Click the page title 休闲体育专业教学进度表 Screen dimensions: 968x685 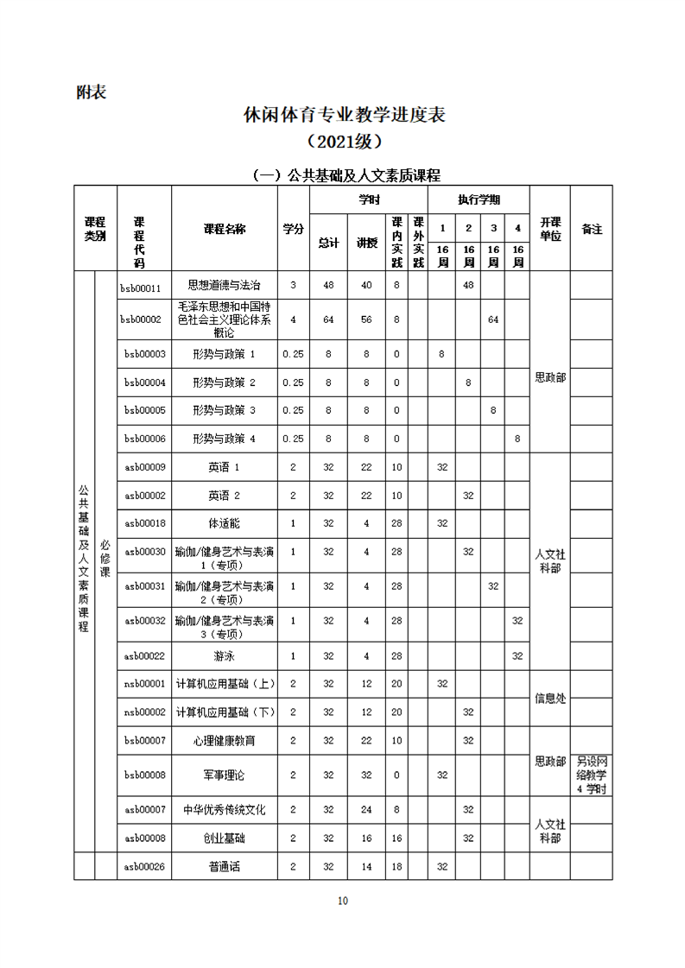click(344, 115)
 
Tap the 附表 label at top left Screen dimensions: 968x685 click(91, 92)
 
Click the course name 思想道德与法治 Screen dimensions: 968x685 click(224, 284)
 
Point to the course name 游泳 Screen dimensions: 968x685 click(224, 656)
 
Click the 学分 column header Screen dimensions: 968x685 click(293, 230)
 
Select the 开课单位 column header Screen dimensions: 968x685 click(549, 230)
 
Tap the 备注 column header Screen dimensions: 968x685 click(592, 230)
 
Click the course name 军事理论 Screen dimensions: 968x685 click(224, 775)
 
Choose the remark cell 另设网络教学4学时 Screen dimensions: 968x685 click(592, 775)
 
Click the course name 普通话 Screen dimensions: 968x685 click(224, 866)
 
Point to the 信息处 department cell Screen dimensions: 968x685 click(549, 698)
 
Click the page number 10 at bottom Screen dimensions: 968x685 click(343, 901)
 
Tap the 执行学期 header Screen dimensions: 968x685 click(479, 199)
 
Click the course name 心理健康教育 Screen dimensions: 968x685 click(224, 740)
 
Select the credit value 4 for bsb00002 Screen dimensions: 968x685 click(293, 320)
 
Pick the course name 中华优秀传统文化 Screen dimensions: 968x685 click(224, 810)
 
